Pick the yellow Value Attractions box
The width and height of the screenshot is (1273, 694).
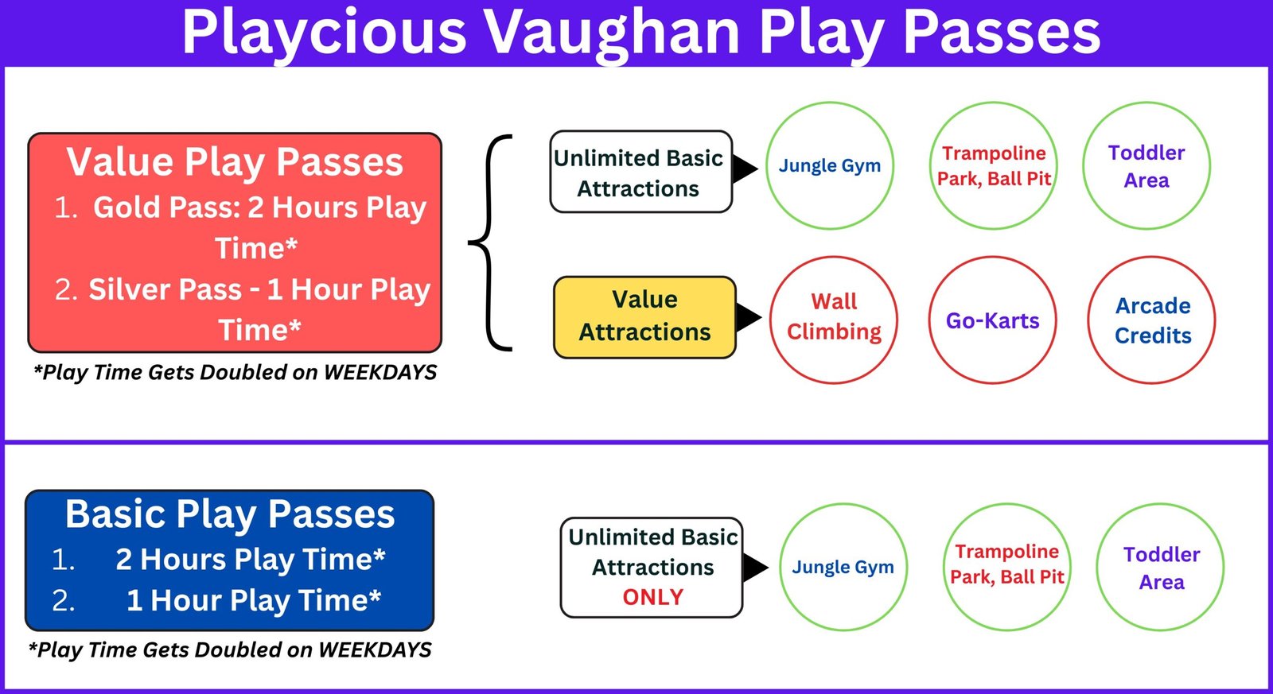coord(644,317)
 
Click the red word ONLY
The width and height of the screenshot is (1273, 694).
coord(653,597)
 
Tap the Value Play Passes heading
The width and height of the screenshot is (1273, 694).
coord(235,162)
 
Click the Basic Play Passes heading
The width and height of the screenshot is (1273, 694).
coord(230,514)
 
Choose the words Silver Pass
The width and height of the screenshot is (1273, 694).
coord(165,289)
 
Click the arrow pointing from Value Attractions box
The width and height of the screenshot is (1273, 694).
coord(749,317)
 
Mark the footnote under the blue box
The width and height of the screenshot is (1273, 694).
coord(230,649)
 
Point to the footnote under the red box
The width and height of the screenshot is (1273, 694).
coord(235,373)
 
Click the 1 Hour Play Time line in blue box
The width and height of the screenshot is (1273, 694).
coord(254,600)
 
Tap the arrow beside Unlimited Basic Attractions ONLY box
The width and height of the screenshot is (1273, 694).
coord(756,568)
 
